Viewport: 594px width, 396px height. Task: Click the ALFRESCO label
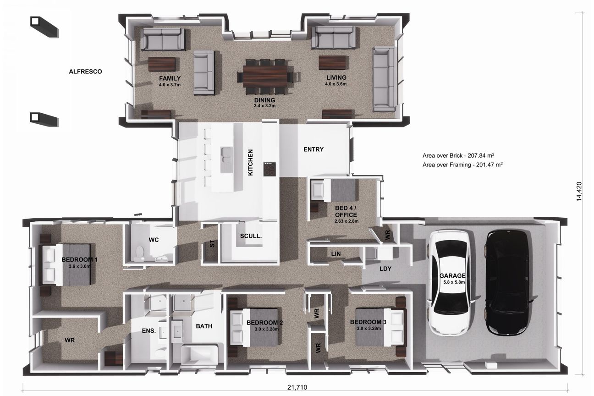pyautogui.click(x=85, y=71)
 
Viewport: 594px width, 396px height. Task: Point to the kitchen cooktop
pyautogui.click(x=269, y=169)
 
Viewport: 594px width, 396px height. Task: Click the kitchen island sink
pyautogui.click(x=226, y=154)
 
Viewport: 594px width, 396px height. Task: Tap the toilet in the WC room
pyautogui.click(x=139, y=253)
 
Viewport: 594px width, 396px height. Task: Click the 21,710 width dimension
pyautogui.click(x=297, y=387)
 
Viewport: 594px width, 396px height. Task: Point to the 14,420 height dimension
pyautogui.click(x=579, y=191)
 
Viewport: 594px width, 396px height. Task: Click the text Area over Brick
pyautogui.click(x=442, y=156)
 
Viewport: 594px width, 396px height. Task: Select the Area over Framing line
pyautogui.click(x=462, y=165)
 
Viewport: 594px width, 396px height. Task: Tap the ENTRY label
pyautogui.click(x=313, y=149)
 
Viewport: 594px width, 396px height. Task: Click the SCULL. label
pyautogui.click(x=251, y=236)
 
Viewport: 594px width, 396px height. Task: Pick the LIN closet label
pyautogui.click(x=335, y=254)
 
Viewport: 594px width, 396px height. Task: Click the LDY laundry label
pyautogui.click(x=385, y=269)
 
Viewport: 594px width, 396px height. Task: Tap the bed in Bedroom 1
pyautogui.click(x=67, y=265)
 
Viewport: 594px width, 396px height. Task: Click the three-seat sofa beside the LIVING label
pyautogui.click(x=384, y=79)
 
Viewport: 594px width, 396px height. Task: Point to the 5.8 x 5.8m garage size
pyautogui.click(x=454, y=282)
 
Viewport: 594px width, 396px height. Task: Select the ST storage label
pyautogui.click(x=212, y=243)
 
